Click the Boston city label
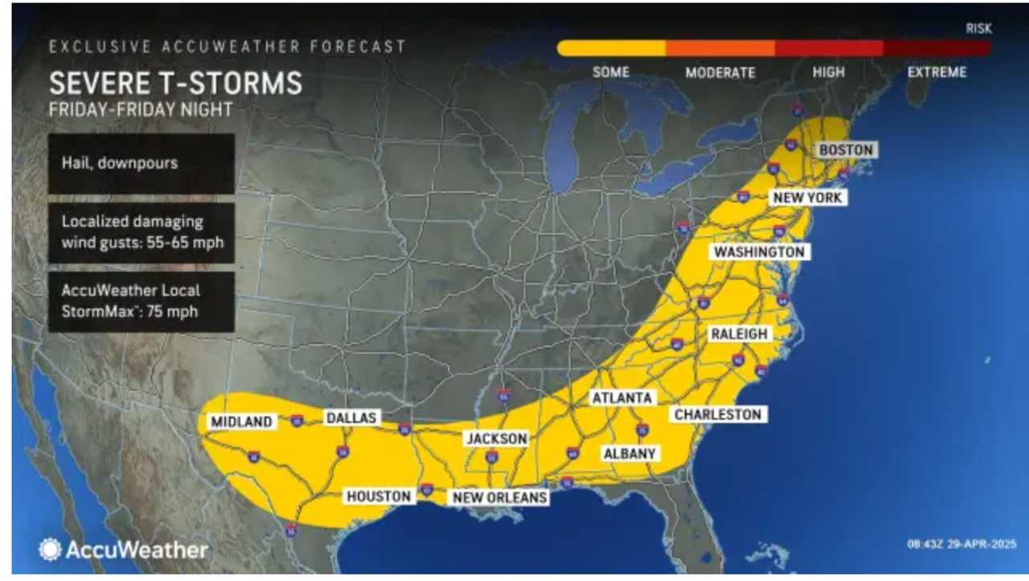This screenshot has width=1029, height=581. point(846,150)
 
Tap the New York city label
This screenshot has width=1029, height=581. point(808,197)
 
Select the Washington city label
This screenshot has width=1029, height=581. point(759,252)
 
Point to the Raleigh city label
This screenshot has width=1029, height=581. point(739,333)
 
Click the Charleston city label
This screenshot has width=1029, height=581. point(717,414)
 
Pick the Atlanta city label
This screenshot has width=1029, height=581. point(621,398)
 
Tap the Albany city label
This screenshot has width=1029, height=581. point(630,453)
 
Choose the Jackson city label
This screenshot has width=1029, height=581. point(497,439)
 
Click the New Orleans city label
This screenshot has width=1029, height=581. point(500,497)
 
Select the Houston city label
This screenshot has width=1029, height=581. point(379,496)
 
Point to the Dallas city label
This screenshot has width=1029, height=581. point(351,418)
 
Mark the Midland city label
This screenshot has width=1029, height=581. point(241,421)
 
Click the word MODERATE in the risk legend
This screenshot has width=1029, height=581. point(720,72)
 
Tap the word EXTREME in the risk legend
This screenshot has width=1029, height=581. point(937,72)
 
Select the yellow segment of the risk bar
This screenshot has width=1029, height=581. point(611,49)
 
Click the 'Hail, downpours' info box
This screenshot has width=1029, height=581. point(141,163)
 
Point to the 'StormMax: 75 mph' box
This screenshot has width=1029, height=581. point(141,301)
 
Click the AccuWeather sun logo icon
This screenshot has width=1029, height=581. point(50,550)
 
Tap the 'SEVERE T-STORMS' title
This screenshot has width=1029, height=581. point(175,84)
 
